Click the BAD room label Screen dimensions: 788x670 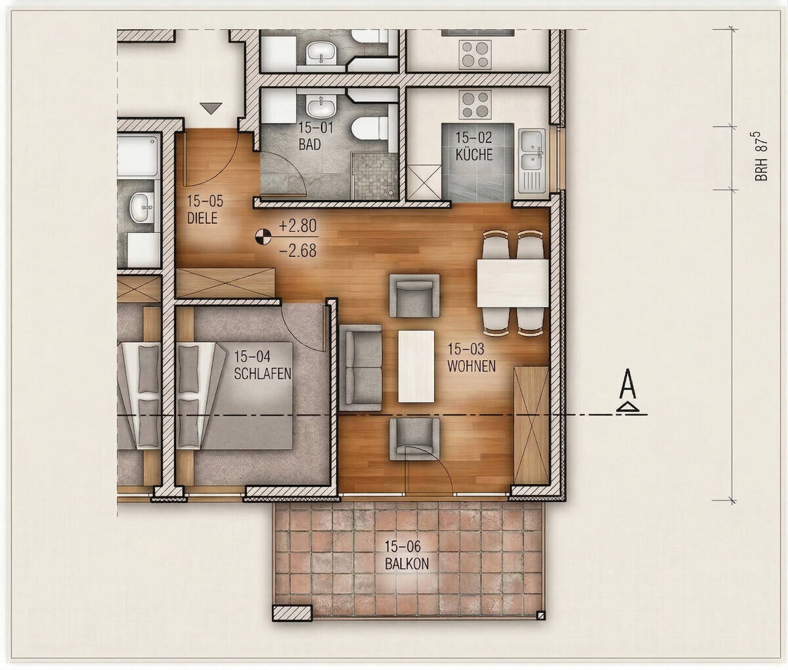point(309,145)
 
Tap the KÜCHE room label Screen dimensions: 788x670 point(474,155)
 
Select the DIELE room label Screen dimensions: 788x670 point(202,218)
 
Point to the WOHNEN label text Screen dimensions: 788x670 point(471,366)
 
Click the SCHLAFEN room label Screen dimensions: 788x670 point(262,374)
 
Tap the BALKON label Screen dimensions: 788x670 point(406,564)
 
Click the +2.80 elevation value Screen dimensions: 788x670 point(297,226)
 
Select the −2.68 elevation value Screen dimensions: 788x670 point(297,250)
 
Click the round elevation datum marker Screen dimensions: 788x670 point(263,237)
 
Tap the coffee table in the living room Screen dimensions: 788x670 point(416,367)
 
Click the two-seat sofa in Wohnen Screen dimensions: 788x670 point(361,368)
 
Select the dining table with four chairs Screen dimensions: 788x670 point(513,283)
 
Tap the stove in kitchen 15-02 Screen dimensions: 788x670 point(475,104)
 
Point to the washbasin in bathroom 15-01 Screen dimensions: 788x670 point(322,106)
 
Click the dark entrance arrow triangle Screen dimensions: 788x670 point(211,108)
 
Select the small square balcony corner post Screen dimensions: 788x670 point(540,615)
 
